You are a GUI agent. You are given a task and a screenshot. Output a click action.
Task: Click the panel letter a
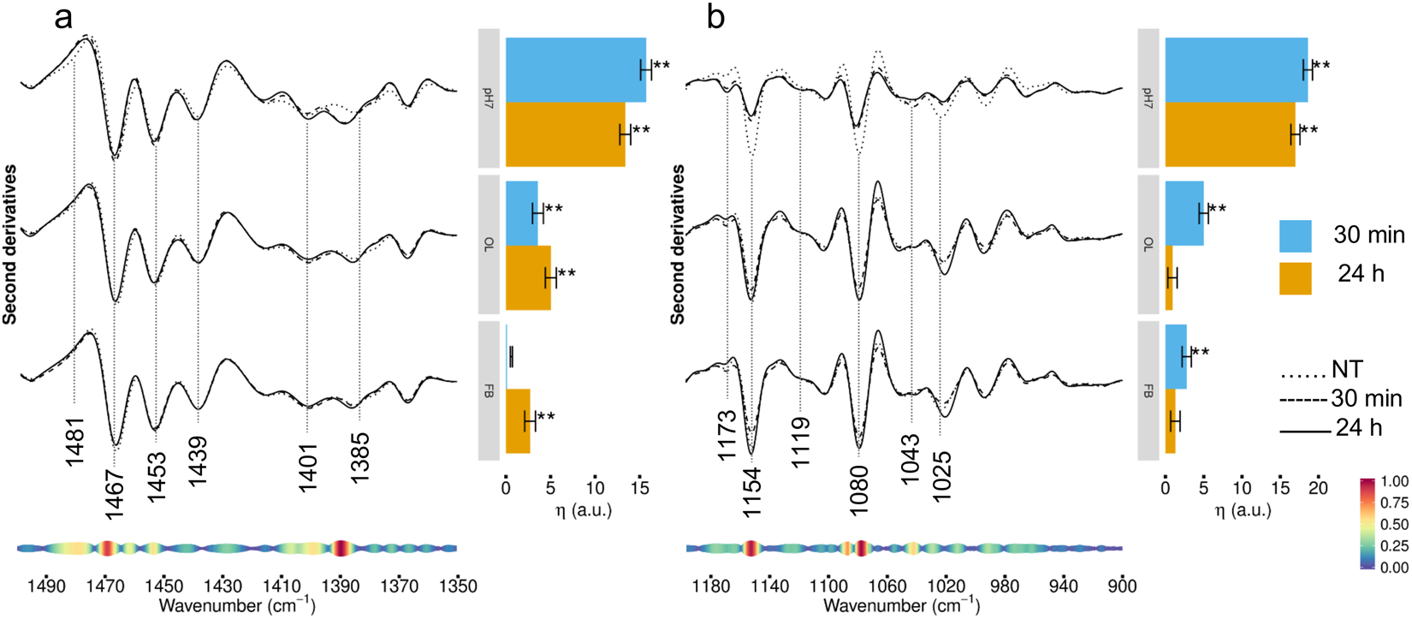[x=63, y=17]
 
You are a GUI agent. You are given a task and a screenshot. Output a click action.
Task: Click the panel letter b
[x=715, y=17]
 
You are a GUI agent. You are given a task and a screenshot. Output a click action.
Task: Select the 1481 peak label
[x=75, y=442]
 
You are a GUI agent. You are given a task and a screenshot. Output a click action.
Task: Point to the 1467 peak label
[x=114, y=493]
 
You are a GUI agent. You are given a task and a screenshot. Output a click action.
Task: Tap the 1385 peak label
[x=359, y=458]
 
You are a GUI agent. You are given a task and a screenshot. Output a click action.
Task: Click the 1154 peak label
[x=752, y=492]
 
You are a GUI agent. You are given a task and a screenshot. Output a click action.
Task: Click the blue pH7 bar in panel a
[x=575, y=70]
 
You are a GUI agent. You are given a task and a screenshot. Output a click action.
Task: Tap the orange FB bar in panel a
[x=518, y=421]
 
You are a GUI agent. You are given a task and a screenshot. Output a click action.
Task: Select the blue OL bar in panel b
[x=1184, y=213]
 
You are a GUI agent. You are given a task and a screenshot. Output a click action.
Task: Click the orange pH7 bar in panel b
[x=1229, y=134]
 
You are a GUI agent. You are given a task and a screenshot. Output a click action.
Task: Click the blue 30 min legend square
[x=1295, y=235]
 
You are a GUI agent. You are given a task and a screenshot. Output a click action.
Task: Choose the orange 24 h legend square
[x=1295, y=278]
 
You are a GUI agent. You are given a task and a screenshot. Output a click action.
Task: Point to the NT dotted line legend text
[x=1347, y=371]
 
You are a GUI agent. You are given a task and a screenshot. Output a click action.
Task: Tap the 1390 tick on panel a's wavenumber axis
[x=340, y=586]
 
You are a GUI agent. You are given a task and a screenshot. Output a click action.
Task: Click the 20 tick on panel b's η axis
[x=1318, y=488]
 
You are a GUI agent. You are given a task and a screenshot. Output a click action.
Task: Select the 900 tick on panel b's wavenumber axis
[x=1122, y=586]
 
